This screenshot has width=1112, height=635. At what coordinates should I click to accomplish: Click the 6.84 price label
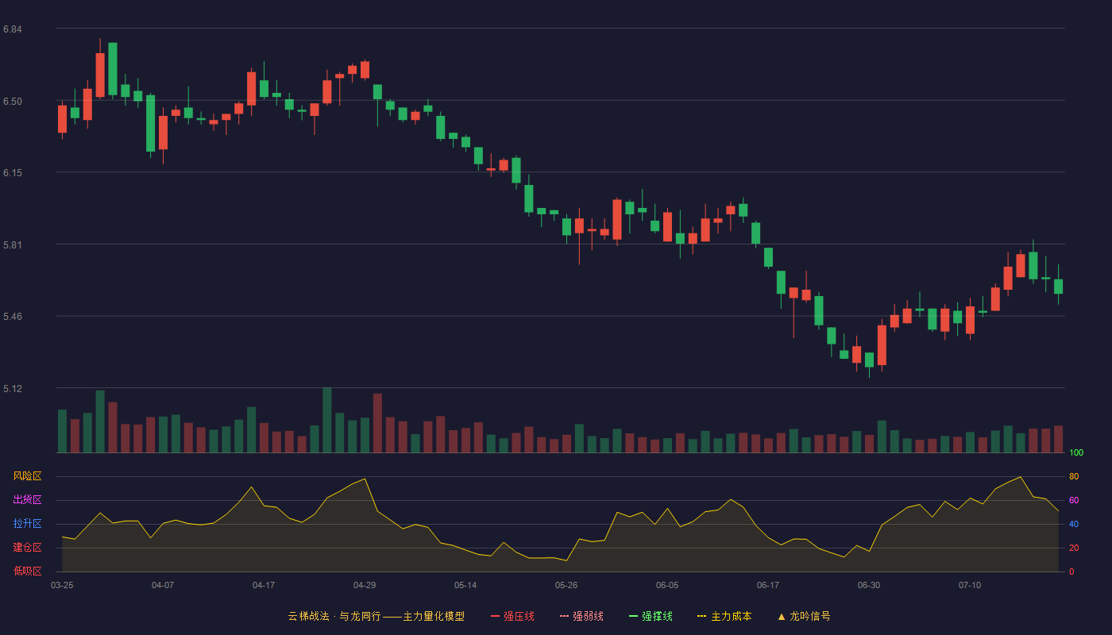13,29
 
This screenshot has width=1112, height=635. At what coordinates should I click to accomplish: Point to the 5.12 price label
13,388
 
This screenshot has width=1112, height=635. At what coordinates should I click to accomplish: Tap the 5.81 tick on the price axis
13,245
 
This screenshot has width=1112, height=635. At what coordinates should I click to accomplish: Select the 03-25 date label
62,586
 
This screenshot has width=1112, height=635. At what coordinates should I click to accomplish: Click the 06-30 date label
869,586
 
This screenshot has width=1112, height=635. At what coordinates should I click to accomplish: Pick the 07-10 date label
970,586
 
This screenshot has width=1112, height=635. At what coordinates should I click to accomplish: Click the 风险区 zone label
27,476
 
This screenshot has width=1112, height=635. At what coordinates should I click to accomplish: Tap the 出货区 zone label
27,499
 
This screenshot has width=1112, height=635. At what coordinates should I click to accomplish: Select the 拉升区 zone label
27,523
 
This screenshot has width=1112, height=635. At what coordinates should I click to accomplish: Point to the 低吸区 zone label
27,571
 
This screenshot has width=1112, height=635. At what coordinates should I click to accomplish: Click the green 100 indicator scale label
1076,452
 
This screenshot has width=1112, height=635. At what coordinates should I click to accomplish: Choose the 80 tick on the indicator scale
1074,476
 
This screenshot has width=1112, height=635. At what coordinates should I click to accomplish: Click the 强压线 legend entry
512,616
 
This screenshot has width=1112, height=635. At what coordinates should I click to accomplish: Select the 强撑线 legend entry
651,616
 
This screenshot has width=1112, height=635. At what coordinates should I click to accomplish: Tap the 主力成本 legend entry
724,616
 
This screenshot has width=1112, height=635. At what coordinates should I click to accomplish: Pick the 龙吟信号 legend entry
804,616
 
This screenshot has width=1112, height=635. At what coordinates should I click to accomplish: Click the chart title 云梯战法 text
308,616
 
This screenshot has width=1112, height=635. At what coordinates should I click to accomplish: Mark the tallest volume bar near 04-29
327,420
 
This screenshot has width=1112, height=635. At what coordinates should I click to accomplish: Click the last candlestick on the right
1058,287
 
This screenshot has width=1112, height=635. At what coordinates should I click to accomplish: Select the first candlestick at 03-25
62,119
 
